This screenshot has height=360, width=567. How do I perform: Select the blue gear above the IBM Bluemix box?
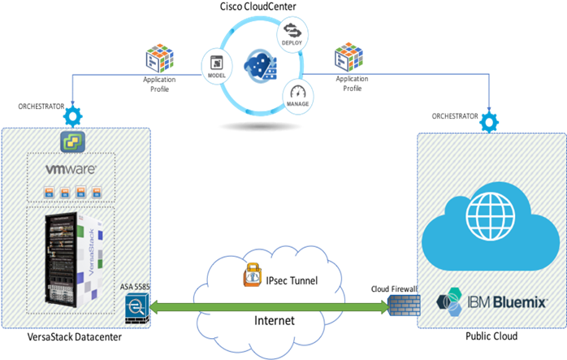(x=489, y=122)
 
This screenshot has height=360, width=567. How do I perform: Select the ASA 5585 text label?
(x=134, y=287)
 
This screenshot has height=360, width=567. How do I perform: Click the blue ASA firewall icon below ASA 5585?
(x=136, y=307)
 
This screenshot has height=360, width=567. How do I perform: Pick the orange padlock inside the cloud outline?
(x=253, y=274)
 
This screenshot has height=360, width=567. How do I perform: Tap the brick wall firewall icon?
(x=403, y=307)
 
